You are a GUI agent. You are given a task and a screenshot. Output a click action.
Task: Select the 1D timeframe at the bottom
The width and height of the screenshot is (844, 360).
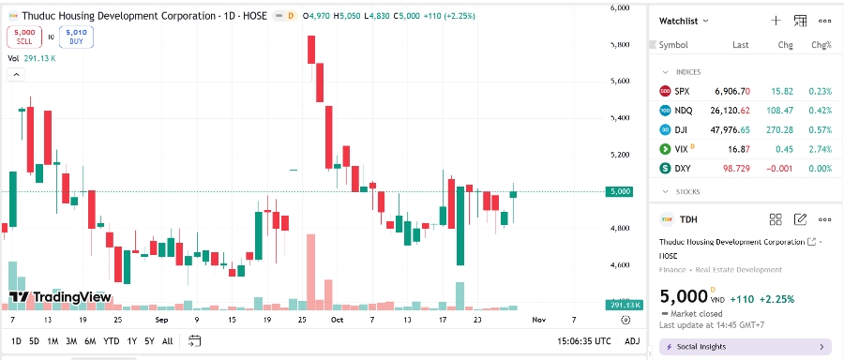pos(16,341)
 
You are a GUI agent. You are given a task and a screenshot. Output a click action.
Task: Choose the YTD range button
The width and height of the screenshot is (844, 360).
pos(111,341)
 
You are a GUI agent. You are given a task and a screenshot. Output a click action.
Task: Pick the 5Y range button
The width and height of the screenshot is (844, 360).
pos(149,341)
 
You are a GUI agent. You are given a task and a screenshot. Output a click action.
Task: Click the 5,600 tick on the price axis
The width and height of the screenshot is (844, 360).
pos(620,82)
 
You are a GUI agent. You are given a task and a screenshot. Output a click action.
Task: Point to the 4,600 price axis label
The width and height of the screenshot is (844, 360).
pos(620,265)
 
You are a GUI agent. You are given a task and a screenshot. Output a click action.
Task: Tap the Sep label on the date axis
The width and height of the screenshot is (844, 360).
pos(161,319)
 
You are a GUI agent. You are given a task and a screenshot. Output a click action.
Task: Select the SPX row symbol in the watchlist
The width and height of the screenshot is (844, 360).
pos(682,91)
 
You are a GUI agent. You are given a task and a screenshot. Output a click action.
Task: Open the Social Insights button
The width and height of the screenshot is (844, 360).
pos(745,347)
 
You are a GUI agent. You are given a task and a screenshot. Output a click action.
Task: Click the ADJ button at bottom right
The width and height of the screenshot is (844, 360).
pos(632,341)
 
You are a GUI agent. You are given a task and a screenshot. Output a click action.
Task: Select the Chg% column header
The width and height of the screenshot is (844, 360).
pos(821,44)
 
